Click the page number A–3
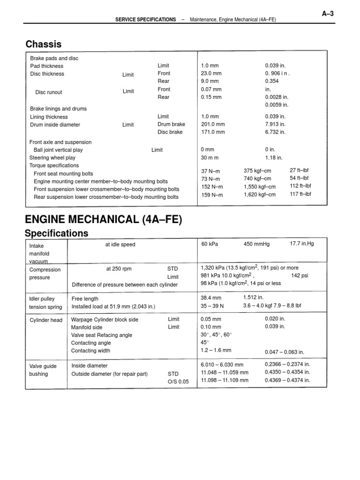(x=327, y=14)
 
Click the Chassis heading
(x=44, y=45)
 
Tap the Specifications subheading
(x=56, y=233)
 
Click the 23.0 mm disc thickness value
(x=211, y=74)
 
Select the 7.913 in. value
(x=275, y=125)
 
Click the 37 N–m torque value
(x=210, y=172)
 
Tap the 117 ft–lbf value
(x=300, y=194)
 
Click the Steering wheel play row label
(x=52, y=158)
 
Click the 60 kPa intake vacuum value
(x=210, y=244)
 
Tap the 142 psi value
(x=300, y=276)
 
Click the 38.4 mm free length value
(x=211, y=298)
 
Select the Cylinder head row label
(x=46, y=320)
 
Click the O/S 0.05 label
(x=178, y=382)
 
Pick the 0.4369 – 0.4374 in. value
(x=287, y=380)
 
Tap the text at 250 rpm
(x=119, y=269)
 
